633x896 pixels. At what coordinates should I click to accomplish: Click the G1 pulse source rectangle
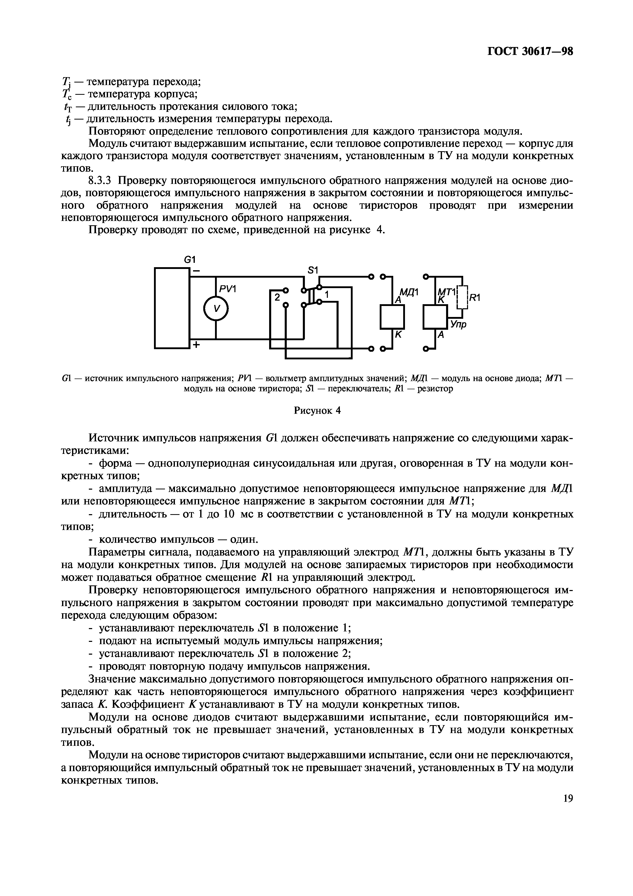(x=172, y=308)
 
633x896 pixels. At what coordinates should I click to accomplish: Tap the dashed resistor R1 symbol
(x=462, y=297)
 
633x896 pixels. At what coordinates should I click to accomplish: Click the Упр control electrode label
(x=458, y=324)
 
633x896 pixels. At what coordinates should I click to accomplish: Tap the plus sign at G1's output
(x=196, y=345)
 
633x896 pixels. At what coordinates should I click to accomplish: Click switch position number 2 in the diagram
(x=277, y=297)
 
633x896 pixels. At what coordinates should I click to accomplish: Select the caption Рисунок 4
(x=317, y=410)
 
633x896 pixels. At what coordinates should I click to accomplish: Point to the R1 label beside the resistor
(x=475, y=298)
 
